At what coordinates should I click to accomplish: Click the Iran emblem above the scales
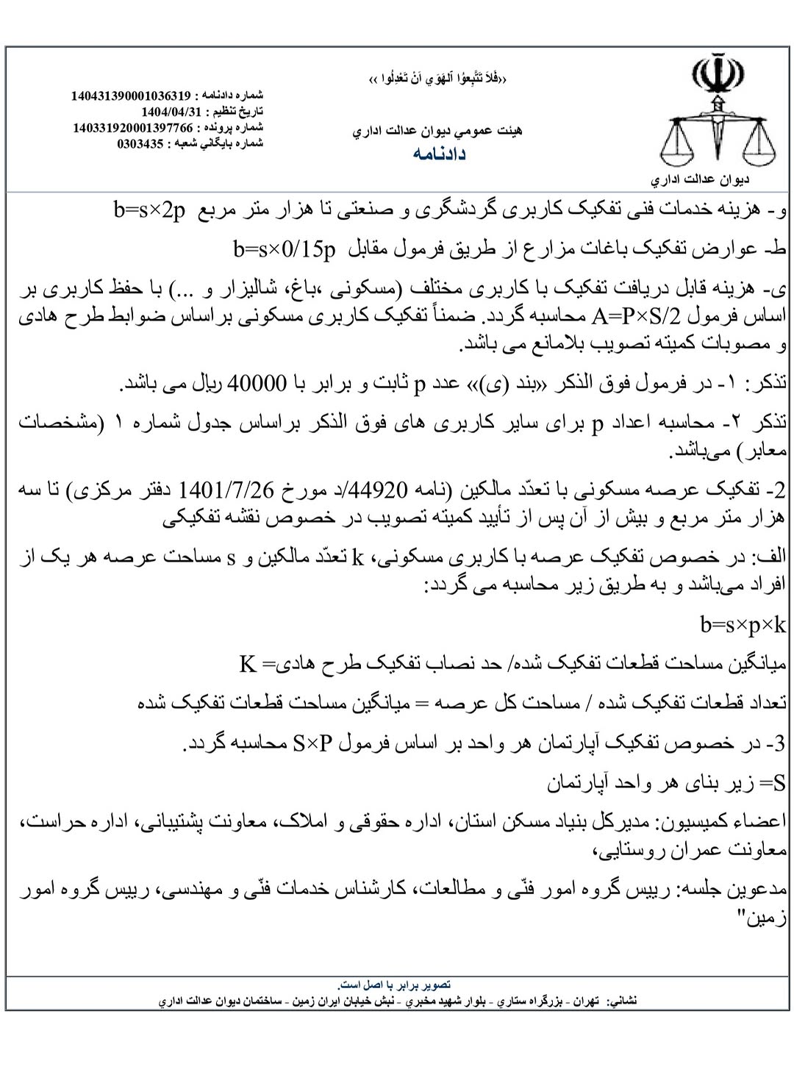pyautogui.click(x=717, y=74)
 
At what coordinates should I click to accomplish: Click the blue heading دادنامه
pyautogui.click(x=439, y=154)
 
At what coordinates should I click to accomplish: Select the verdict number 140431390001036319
pyautogui.click(x=131, y=96)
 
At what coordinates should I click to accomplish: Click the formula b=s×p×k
pyautogui.click(x=743, y=626)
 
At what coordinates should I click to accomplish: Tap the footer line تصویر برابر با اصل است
pyautogui.click(x=394, y=984)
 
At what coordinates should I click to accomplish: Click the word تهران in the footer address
pyautogui.click(x=587, y=1001)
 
